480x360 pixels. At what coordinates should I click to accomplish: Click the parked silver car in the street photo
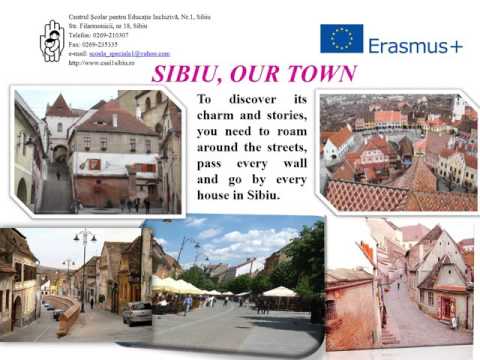click(x=137, y=313)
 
